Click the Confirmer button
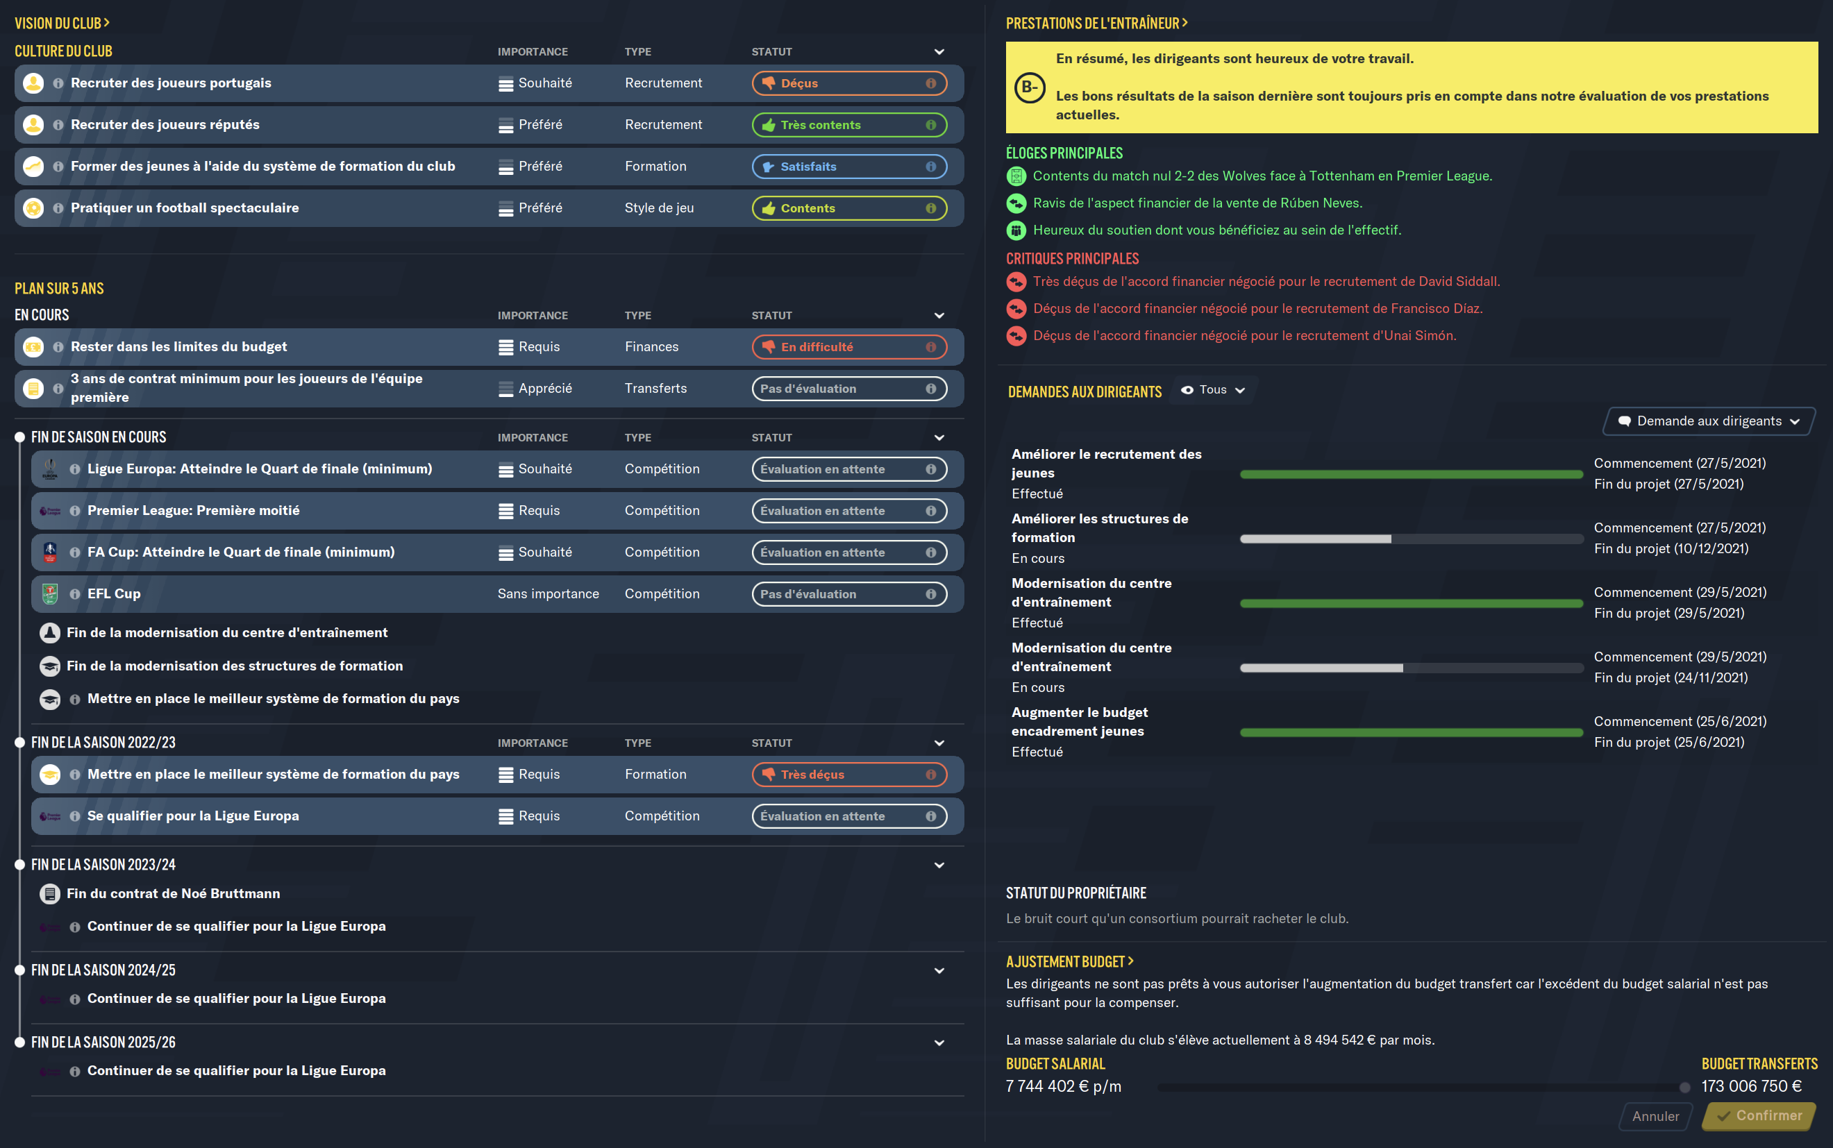point(1759,1115)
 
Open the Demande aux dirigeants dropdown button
point(1709,421)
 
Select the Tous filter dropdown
point(1214,389)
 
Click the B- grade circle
point(1030,87)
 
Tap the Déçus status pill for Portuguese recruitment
point(849,83)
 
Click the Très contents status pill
point(849,124)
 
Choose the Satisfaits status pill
point(849,167)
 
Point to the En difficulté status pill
point(849,347)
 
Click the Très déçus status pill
point(849,775)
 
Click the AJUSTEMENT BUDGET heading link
point(1069,962)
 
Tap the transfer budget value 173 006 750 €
point(1751,1086)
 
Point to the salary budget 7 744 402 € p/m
point(1063,1086)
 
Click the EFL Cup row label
point(114,593)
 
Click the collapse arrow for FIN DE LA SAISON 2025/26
point(939,1043)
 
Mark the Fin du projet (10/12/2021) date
point(1671,548)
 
